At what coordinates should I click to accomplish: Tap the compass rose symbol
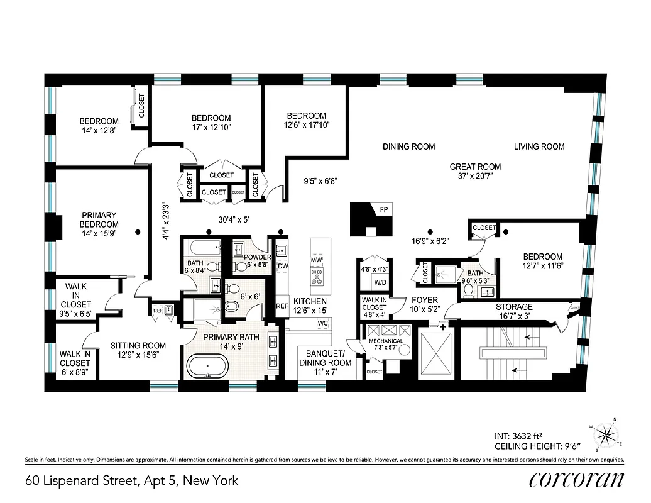[604, 434]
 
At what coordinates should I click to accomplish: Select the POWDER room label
[258, 257]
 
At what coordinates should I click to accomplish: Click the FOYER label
[425, 300]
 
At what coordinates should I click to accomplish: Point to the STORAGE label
[513, 307]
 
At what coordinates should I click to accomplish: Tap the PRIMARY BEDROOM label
[99, 219]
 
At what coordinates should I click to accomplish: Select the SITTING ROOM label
[138, 345]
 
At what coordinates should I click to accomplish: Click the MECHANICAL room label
[386, 341]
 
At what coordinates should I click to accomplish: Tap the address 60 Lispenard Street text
[132, 481]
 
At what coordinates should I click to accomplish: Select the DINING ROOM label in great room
[408, 146]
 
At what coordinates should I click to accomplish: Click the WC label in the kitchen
[323, 323]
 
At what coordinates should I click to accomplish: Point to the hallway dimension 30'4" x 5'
[232, 219]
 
